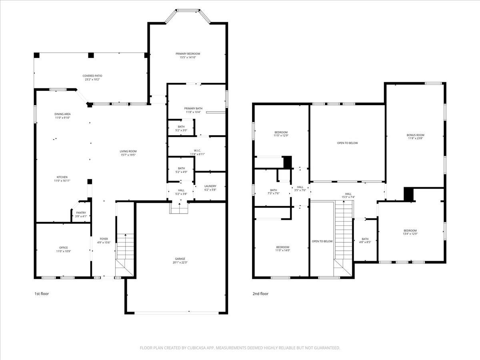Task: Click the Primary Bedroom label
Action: pos(188,54)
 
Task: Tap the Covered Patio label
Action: pos(92,76)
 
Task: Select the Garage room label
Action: pos(180,258)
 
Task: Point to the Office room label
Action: pos(63,248)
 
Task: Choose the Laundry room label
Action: pos(210,186)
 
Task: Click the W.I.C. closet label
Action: pos(197,150)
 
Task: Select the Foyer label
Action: pos(104,239)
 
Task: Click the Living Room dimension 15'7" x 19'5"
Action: pos(128,155)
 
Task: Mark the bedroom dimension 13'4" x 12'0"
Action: pos(410,234)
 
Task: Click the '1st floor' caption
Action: pos(41,294)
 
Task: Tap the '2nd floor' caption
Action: pos(260,294)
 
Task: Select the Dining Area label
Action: pos(62,114)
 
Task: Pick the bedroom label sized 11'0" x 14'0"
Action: pos(282,247)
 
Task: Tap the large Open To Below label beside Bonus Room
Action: pos(347,143)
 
